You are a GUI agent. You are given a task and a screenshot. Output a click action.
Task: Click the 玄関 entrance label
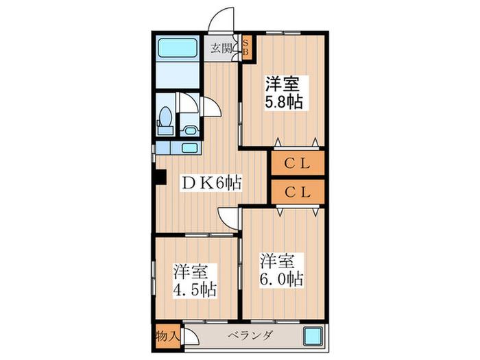tap(220, 49)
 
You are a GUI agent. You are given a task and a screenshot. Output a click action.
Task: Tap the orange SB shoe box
tap(247, 49)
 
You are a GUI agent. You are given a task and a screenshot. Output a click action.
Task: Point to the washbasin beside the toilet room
tap(189, 128)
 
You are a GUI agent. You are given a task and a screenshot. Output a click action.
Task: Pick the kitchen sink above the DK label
tap(190, 147)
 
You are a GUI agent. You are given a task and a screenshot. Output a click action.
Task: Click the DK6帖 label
tap(211, 183)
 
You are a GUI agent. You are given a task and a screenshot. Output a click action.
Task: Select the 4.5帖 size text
tap(195, 289)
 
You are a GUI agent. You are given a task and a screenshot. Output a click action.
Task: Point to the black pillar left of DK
tap(159, 177)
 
